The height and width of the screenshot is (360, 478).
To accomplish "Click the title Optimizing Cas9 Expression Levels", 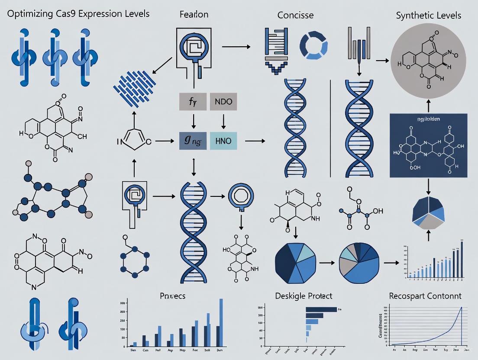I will [78, 13].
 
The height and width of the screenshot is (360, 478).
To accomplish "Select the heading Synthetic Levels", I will [428, 15].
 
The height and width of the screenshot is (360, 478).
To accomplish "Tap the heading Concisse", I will [295, 15].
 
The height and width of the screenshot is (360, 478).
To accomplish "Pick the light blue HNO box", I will [223, 140].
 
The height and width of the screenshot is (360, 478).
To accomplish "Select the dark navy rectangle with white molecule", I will [428, 145].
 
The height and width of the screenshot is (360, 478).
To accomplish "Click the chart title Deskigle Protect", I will [304, 296].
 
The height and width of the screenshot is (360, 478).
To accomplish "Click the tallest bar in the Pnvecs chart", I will [221, 322].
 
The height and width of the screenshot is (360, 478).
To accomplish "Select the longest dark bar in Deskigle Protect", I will [321, 309].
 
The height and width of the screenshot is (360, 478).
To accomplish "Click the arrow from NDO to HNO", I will [223, 122].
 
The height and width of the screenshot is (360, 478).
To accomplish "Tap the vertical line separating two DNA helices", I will [330, 128].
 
